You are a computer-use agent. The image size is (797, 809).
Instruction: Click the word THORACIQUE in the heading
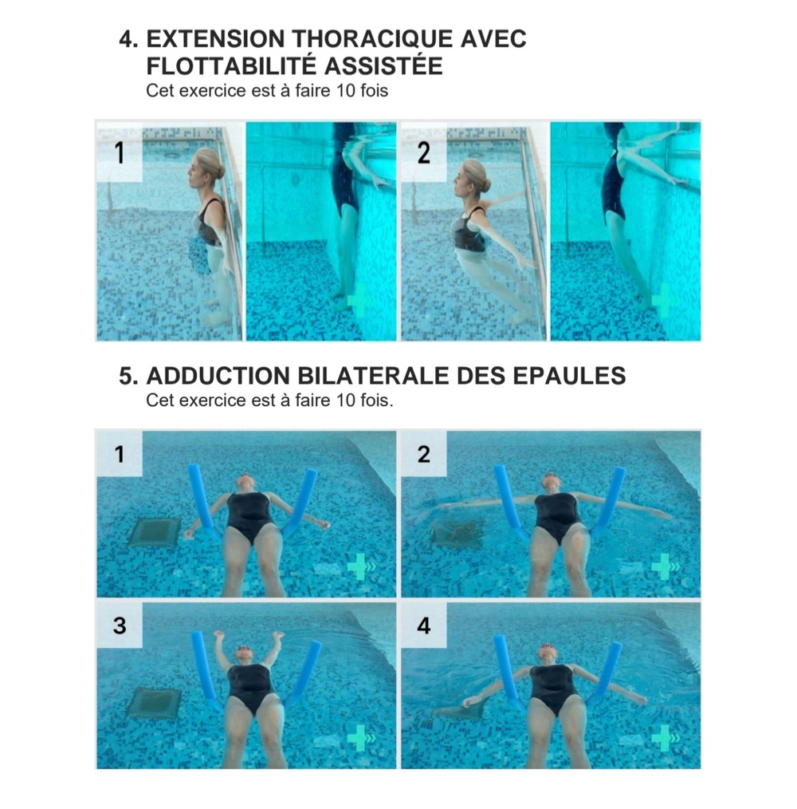pyautogui.click(x=371, y=39)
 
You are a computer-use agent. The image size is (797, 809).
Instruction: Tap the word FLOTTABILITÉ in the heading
pyautogui.click(x=230, y=66)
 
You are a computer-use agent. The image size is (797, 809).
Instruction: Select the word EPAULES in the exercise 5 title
pyautogui.click(x=569, y=376)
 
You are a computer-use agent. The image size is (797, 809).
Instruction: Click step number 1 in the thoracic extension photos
pyautogui.click(x=119, y=152)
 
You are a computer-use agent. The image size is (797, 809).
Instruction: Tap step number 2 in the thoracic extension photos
pyautogui.click(x=423, y=152)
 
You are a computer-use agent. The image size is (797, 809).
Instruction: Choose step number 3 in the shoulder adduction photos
pyautogui.click(x=120, y=625)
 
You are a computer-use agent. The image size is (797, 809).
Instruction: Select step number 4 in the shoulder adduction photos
pyautogui.click(x=424, y=625)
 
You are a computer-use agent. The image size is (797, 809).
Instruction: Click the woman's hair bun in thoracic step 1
pyautogui.click(x=220, y=172)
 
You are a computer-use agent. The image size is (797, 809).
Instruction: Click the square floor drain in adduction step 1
pyautogui.click(x=155, y=532)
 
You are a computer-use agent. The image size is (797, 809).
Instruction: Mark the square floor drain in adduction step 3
pyautogui.click(x=154, y=703)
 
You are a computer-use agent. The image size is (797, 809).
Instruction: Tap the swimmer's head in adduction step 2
pyautogui.click(x=552, y=484)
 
